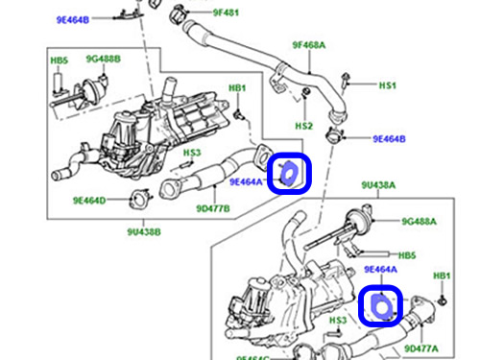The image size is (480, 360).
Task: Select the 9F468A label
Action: (310, 45)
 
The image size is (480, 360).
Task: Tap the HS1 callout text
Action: (387, 86)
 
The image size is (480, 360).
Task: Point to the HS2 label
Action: (303, 126)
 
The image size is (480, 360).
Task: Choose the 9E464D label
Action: (92, 201)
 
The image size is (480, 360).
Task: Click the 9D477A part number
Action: (422, 348)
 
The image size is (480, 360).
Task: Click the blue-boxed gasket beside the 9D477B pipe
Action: (290, 173)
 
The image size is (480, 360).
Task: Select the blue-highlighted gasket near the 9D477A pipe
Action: (380, 305)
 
